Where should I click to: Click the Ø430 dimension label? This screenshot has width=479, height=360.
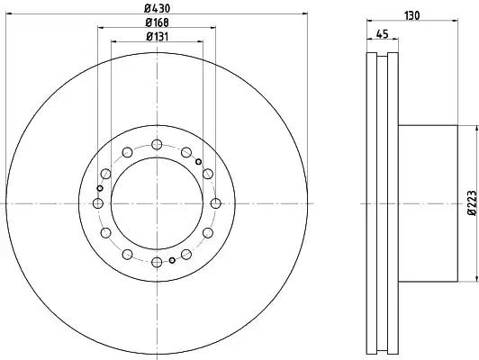pos(157,8)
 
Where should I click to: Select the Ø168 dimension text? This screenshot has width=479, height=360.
pos(157,22)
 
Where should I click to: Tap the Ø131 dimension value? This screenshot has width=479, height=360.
pos(157,37)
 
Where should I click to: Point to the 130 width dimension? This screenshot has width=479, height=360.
pos(412,15)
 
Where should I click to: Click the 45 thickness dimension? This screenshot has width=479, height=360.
pos(382,34)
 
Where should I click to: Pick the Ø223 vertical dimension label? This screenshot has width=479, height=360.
pos(472,202)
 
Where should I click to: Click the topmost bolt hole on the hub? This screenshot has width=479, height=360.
pos(157,144)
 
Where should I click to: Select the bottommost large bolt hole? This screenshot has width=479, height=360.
pos(157,262)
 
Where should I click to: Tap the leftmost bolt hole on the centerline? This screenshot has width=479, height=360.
pos(98,203)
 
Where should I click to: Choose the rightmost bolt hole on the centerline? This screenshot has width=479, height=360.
pos(216,203)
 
